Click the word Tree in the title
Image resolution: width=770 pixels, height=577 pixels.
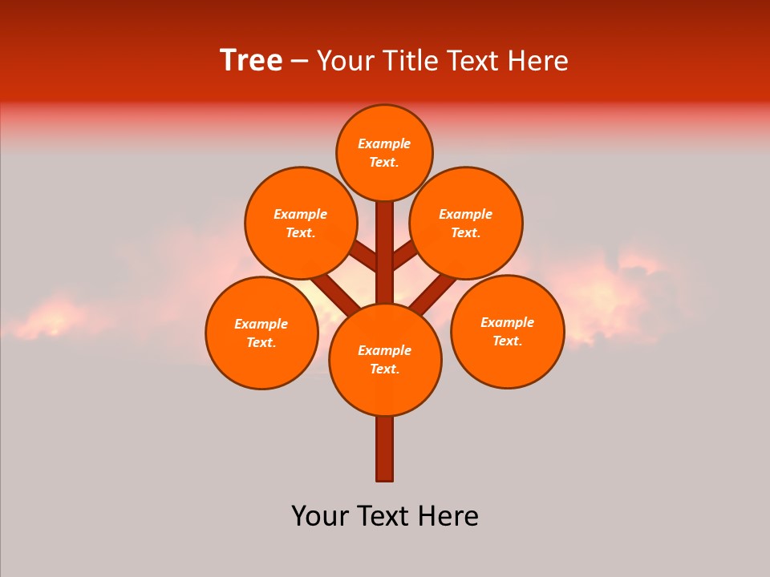click(x=251, y=61)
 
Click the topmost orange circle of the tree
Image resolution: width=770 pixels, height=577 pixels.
click(x=384, y=152)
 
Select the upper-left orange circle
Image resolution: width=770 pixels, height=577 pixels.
click(x=300, y=223)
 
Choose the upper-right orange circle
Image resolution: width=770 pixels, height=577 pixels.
click(x=466, y=223)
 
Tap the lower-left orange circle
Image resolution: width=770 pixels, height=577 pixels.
click(x=261, y=333)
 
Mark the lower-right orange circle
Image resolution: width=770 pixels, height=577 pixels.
click(x=507, y=331)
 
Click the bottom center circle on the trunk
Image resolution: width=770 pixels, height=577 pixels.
click(x=385, y=359)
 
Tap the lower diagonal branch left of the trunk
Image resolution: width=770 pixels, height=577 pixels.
click(x=336, y=294)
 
